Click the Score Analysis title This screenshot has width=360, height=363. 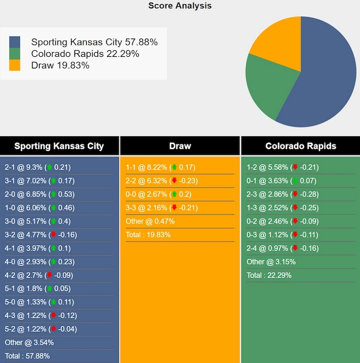coord(180,6)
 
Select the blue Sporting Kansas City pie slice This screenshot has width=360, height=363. coord(323,78)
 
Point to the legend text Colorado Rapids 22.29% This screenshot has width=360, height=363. coord(85,54)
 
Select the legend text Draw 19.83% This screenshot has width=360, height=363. coord(60,65)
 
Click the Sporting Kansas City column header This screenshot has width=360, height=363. coord(59,146)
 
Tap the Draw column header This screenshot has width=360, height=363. coord(180,146)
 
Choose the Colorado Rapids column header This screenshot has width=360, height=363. coord(301,146)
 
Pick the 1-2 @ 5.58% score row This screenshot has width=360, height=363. coord(282,167)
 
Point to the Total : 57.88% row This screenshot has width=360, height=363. coord(28,356)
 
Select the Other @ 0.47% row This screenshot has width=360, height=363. coord(150,221)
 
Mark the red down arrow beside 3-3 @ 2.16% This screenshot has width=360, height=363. coord(174,208)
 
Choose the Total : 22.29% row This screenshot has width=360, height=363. coord(269,275)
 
